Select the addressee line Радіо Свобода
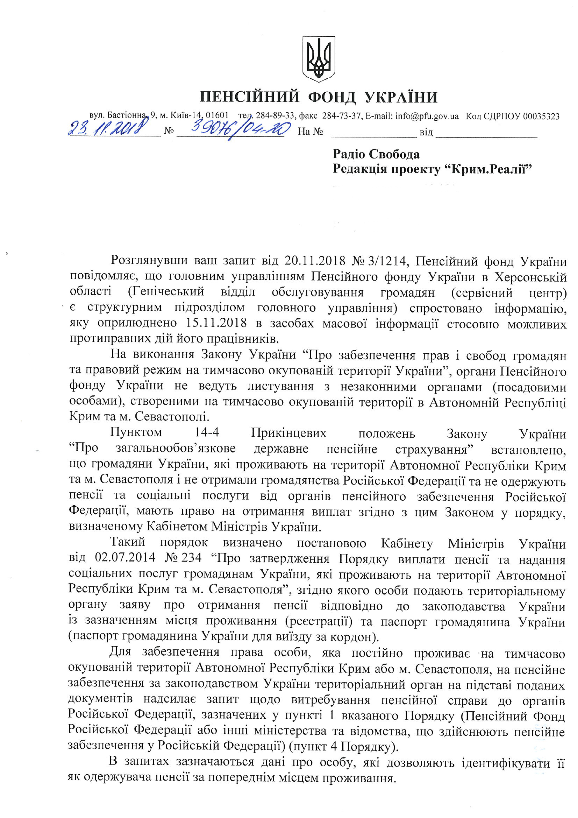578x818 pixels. point(376,154)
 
